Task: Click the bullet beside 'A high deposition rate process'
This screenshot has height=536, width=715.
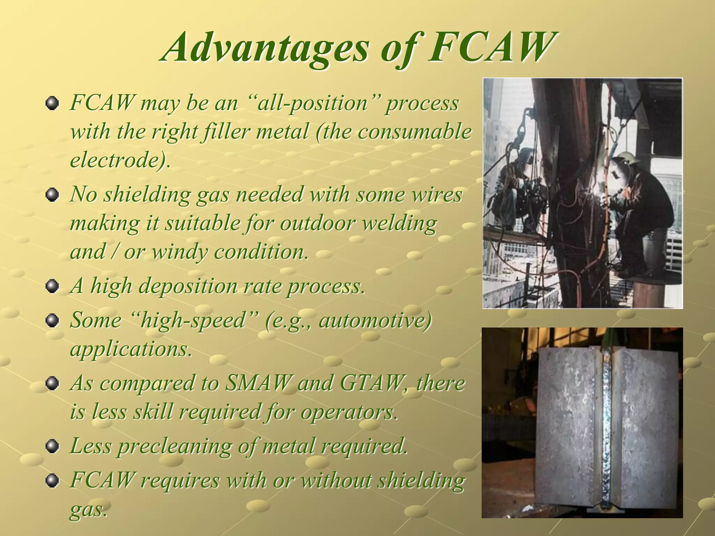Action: [52, 286]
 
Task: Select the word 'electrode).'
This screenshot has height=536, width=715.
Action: [120, 160]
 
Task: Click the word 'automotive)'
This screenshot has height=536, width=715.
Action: [375, 320]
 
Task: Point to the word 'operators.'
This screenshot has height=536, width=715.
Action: [349, 412]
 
